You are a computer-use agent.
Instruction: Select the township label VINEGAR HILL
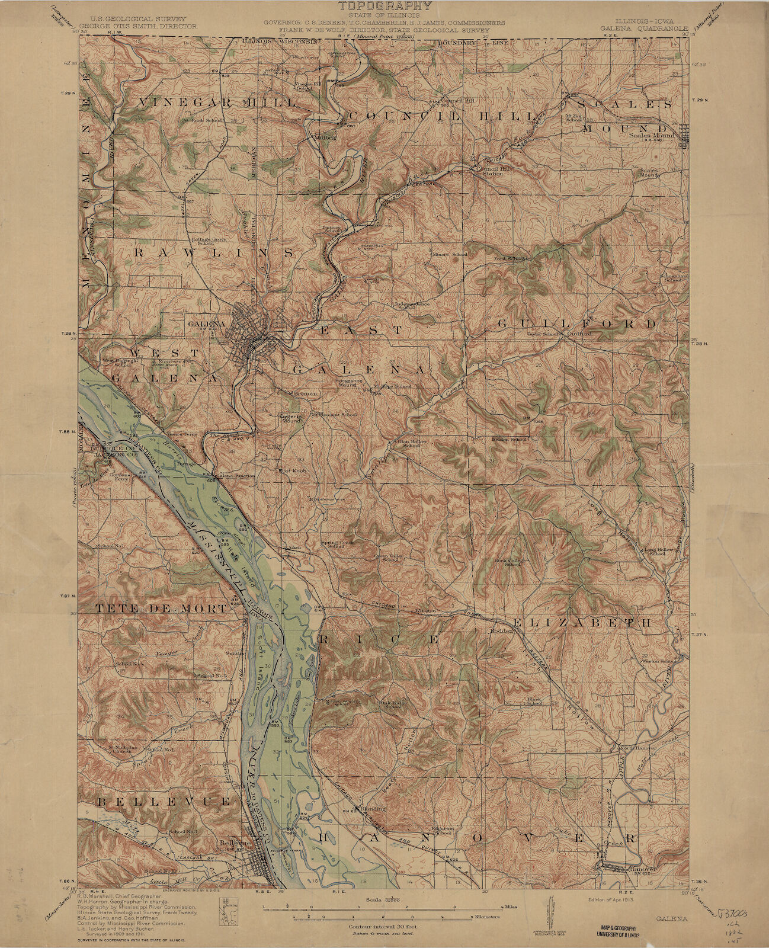217,103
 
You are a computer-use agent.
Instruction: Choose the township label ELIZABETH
582,623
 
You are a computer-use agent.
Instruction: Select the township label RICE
380,640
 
